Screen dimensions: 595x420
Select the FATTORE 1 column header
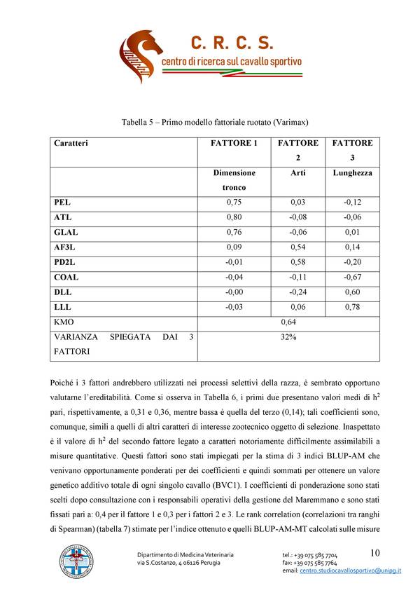(x=234, y=143)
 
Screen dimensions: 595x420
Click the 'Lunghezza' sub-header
(x=352, y=172)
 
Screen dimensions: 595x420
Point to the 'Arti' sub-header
(x=297, y=172)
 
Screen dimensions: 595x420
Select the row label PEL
(x=62, y=202)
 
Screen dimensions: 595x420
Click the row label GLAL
(x=66, y=232)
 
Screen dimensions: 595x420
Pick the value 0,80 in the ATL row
(x=234, y=217)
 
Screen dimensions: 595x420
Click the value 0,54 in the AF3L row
(x=297, y=247)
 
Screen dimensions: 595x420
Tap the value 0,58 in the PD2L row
(x=297, y=262)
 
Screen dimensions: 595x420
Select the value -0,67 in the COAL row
(x=352, y=277)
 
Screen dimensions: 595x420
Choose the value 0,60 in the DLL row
(x=352, y=292)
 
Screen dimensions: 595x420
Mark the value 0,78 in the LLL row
(x=352, y=307)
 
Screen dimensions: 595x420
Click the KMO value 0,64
(x=288, y=322)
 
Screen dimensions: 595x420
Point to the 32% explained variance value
(x=288, y=337)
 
